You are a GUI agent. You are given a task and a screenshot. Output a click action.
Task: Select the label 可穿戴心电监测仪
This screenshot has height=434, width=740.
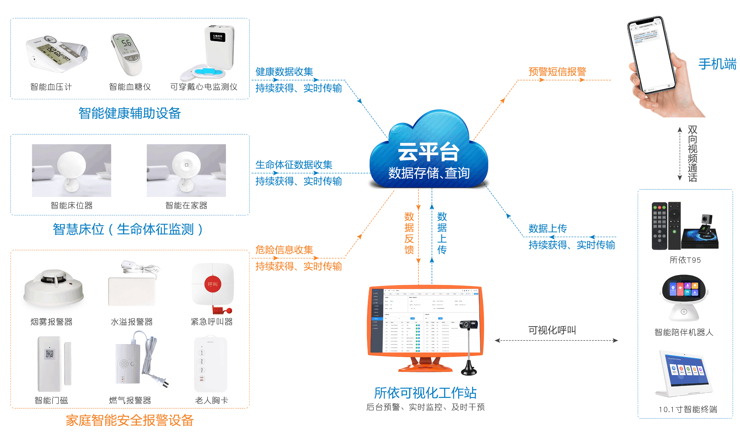pyautogui.click(x=203, y=87)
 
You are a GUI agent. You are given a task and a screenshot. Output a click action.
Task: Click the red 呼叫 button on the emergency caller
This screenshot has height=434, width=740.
pyautogui.click(x=212, y=284)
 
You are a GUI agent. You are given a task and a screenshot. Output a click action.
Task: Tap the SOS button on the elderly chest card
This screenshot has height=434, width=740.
pyautogui.click(x=202, y=379)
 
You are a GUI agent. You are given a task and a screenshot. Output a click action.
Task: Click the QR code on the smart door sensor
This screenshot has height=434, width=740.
pyautogui.click(x=50, y=354)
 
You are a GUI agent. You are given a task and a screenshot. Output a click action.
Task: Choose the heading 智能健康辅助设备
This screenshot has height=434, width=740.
pyautogui.click(x=129, y=113)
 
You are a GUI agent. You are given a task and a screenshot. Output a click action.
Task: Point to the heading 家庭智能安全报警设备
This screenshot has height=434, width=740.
pyautogui.click(x=129, y=420)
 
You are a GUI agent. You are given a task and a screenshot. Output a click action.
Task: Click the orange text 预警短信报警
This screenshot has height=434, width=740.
pyautogui.click(x=557, y=71)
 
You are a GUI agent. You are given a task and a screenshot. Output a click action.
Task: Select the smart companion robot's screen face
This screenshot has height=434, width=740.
pyautogui.click(x=684, y=289)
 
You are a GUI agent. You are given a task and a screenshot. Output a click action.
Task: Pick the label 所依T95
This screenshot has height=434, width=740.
pyautogui.click(x=685, y=260)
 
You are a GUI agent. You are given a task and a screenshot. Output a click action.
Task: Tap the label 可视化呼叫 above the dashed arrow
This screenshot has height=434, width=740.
pyautogui.click(x=552, y=330)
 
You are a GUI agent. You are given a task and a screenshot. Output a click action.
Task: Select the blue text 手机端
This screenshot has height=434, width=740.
pyautogui.click(x=717, y=64)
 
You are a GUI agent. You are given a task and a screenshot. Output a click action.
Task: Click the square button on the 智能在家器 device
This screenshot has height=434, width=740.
pyautogui.click(x=186, y=165)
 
